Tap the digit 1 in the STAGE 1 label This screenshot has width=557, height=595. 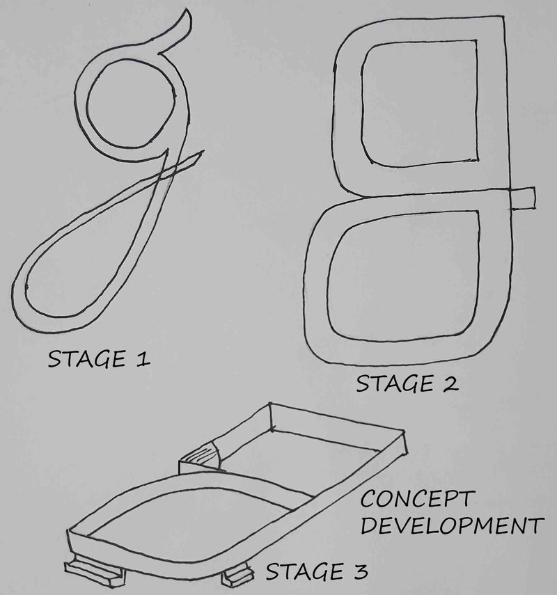144,359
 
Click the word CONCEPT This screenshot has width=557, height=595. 416,500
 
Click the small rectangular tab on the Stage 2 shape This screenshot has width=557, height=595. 523,197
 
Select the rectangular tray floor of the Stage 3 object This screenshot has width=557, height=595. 306,452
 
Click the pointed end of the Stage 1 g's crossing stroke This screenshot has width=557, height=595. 203,151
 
